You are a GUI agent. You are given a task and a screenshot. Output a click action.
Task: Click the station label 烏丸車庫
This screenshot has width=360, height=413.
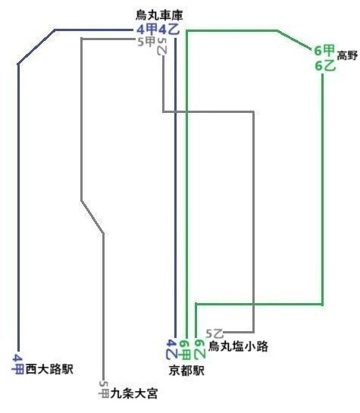coord(159,16)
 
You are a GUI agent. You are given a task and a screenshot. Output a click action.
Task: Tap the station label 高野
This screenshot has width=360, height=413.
coord(347,55)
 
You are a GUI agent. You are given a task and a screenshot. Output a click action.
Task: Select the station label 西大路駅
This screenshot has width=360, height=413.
coord(49,369)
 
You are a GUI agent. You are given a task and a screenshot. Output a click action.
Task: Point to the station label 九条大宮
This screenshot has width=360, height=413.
coord(134,393)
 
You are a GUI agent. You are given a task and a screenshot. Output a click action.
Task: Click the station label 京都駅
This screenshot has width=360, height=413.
coord(186,371)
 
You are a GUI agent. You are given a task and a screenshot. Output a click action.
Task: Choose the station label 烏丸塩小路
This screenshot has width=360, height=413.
coord(238,346)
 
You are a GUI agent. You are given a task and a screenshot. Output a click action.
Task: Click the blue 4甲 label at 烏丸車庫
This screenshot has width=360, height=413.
coord(147,30)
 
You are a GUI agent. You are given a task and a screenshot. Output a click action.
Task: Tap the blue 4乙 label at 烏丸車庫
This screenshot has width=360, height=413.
coord(169,30)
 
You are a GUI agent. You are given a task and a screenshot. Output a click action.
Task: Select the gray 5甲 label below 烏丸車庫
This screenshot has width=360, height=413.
coord(146,42)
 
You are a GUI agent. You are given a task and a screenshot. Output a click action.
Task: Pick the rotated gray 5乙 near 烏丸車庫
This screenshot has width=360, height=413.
coord(162,46)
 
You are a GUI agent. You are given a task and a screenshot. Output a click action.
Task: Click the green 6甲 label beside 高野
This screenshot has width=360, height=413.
coord(324,50)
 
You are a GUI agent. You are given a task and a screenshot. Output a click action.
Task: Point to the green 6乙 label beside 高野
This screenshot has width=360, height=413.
coord(325,65)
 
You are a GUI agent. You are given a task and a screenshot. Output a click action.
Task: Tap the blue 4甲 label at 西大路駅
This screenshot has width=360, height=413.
coord(18,364)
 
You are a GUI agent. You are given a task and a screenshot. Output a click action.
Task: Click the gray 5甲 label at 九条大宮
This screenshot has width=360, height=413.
coord(104,389)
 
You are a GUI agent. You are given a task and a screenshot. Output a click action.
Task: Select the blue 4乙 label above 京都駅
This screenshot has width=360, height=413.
coord(172,349)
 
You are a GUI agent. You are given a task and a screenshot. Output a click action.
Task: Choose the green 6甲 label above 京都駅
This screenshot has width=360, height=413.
coord(185,349)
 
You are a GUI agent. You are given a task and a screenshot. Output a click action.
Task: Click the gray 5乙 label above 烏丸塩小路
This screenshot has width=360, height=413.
coord(214,333)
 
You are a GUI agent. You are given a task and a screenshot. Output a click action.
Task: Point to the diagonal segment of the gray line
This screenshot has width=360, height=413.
coord(92,217)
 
